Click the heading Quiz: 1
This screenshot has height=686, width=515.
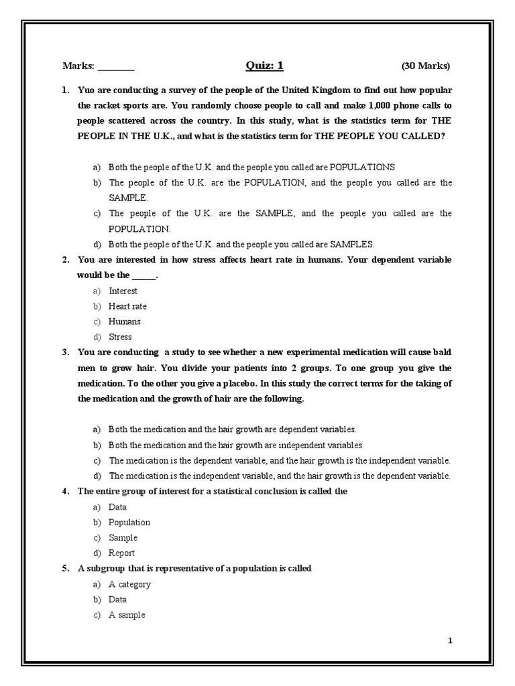(x=264, y=65)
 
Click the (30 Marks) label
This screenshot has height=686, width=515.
(x=426, y=66)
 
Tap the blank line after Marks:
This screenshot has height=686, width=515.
(x=116, y=67)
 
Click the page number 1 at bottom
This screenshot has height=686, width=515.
(x=451, y=640)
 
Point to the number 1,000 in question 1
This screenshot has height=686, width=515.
(x=360, y=105)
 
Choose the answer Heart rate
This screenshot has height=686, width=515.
(x=127, y=306)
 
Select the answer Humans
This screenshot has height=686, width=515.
(x=125, y=322)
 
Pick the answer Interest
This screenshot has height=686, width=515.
(x=123, y=291)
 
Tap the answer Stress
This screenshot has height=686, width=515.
(x=120, y=337)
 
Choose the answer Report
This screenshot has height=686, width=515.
(x=121, y=553)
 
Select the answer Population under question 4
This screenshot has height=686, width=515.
(x=129, y=523)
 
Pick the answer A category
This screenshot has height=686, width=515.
(x=129, y=584)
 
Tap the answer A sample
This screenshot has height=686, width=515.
(x=127, y=615)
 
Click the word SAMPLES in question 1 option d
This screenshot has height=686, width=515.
(x=351, y=245)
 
